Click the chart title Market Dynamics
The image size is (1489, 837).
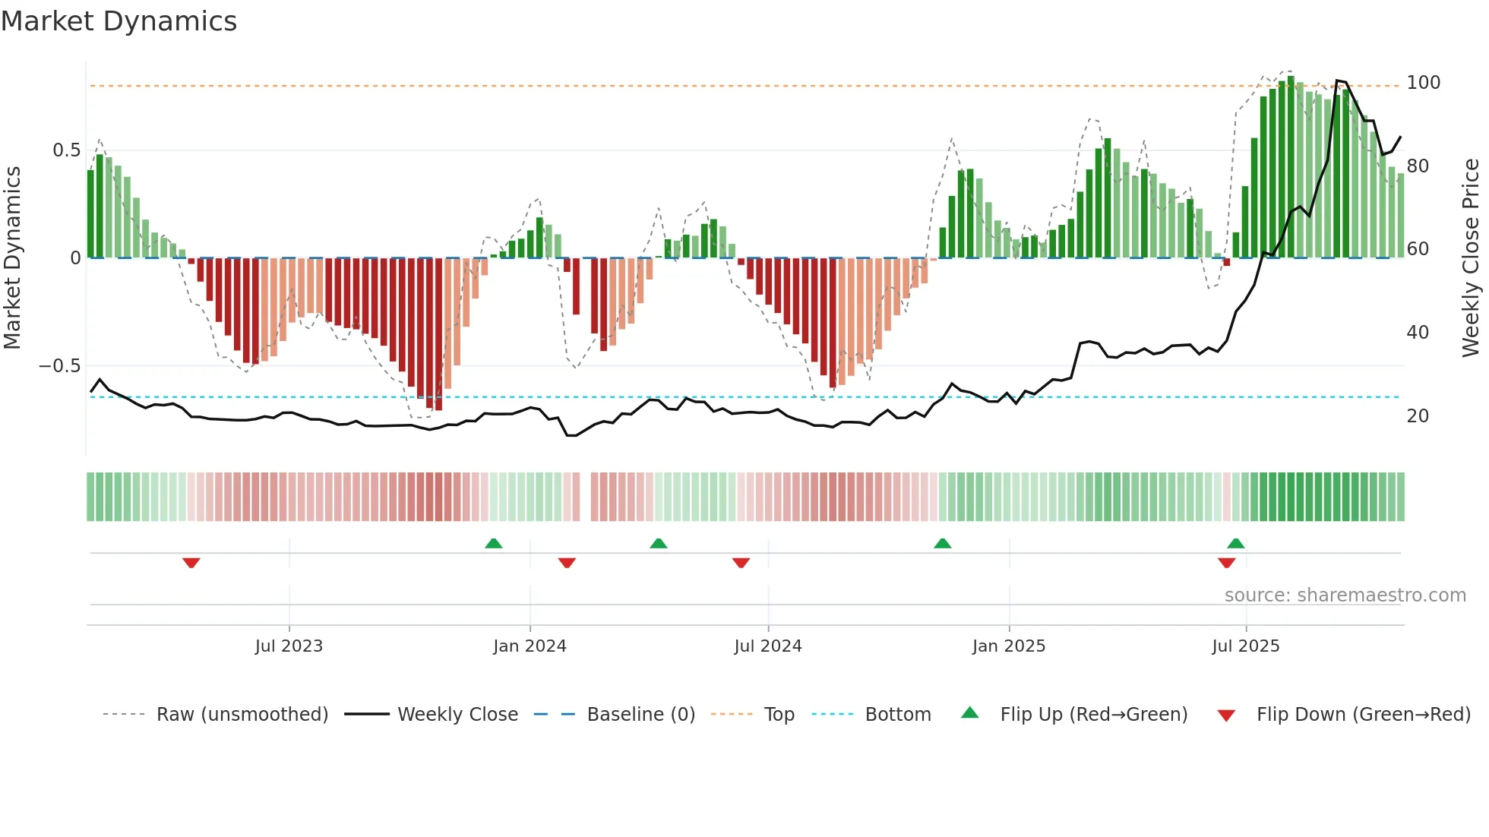119,21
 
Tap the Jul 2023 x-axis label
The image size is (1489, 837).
289,646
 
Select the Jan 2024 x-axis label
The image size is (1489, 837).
530,646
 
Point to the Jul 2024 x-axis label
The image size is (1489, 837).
768,646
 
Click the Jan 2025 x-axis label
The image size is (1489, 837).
1009,646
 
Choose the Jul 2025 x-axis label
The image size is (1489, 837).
1246,646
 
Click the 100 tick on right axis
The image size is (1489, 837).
1423,83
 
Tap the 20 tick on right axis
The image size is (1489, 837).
1418,416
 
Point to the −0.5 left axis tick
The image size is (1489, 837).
60,366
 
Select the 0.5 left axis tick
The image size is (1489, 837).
66,150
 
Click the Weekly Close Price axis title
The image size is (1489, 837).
1471,258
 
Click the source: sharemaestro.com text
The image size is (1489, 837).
1345,595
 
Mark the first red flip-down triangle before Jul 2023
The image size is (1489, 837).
191,563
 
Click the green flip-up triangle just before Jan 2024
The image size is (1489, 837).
494,543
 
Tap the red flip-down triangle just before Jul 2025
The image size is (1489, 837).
1226,563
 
